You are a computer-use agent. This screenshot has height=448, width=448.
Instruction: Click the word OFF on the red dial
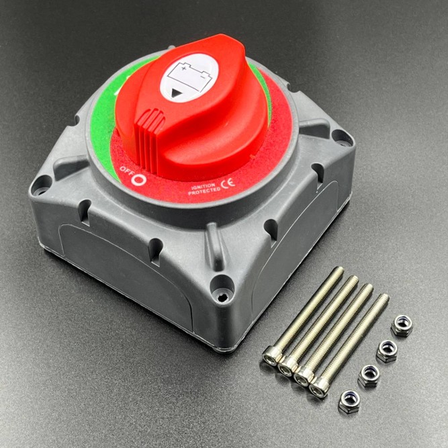coord(125,169)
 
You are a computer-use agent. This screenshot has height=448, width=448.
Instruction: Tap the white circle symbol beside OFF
coord(139,180)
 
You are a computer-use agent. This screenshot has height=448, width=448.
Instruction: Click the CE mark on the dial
coord(228,184)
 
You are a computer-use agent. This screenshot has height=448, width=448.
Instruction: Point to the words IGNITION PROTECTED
coord(204,189)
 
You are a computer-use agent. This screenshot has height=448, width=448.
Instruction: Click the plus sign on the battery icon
coord(184,69)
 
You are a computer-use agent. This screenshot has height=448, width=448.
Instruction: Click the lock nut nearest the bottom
coord(349,402)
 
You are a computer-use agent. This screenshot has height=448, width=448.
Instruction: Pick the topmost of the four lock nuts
coord(402,326)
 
